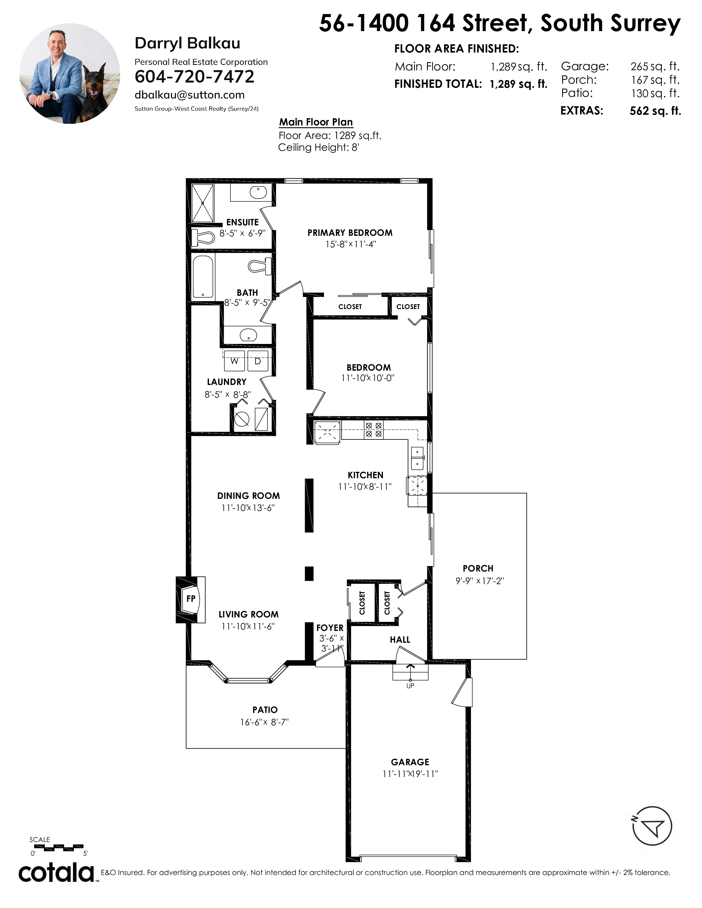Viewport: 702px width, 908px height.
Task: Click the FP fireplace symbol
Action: click(x=191, y=599)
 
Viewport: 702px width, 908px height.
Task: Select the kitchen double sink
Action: click(x=417, y=458)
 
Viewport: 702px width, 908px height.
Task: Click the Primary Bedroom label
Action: click(x=350, y=233)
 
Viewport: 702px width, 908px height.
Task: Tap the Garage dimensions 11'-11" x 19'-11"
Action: click(x=410, y=774)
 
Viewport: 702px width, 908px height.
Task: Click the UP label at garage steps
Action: click(x=410, y=686)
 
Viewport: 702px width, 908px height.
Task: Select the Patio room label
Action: click(x=265, y=710)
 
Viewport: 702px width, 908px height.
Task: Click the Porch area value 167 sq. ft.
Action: click(x=655, y=80)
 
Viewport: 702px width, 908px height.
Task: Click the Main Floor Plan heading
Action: click(x=316, y=122)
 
